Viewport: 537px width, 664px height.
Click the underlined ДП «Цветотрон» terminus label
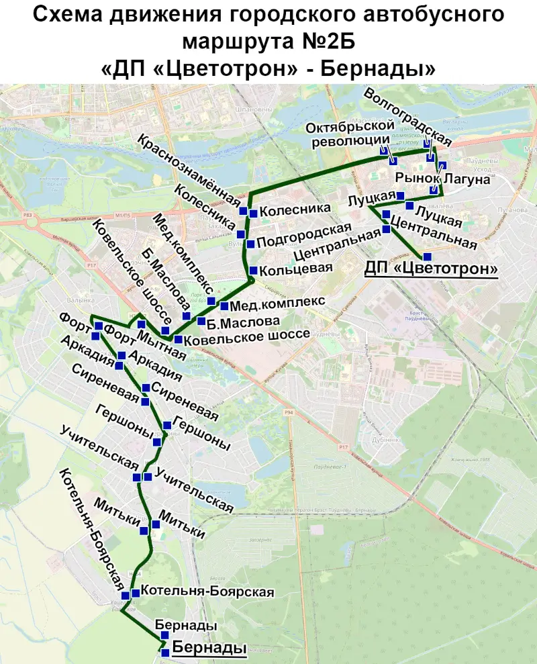(431, 269)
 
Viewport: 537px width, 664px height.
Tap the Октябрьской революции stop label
(348, 134)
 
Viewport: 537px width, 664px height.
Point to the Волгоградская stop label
(407, 115)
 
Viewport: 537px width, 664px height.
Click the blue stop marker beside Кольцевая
(252, 270)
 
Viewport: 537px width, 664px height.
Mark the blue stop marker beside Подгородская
(250, 243)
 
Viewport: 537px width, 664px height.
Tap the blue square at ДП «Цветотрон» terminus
(427, 256)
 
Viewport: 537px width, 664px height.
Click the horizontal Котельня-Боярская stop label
(209, 591)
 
